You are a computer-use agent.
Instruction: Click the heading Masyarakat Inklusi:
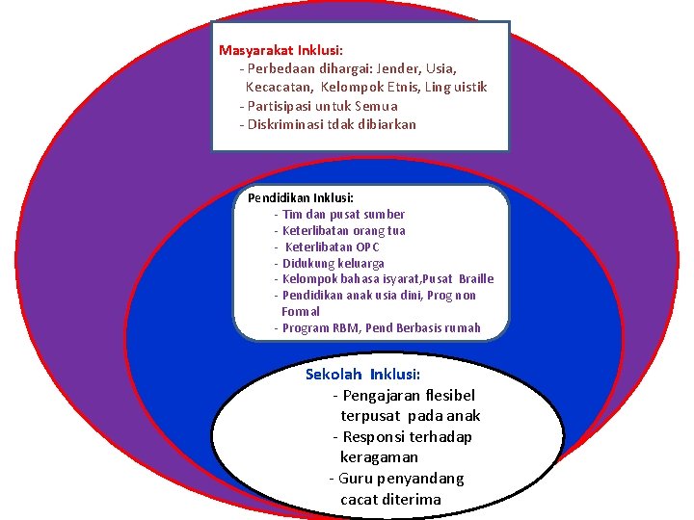tap(280, 50)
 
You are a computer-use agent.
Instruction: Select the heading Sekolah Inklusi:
tap(362, 375)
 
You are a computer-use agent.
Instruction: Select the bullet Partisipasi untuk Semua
tap(322, 106)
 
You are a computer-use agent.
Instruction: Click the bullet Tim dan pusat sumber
tap(343, 215)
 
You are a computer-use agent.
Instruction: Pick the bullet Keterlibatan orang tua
tap(343, 231)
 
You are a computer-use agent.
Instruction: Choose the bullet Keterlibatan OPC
tap(333, 247)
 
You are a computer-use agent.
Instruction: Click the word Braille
tap(476, 279)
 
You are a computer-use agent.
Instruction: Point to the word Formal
tap(301, 312)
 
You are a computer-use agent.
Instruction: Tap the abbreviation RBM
tap(344, 328)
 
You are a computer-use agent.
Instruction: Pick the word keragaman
tap(379, 457)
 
